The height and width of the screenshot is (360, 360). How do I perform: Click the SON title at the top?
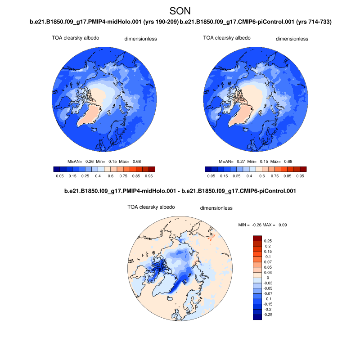tap(180, 10)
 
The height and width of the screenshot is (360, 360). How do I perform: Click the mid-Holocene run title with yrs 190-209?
tap(104, 22)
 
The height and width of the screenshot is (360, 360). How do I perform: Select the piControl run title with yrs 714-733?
tap(256, 22)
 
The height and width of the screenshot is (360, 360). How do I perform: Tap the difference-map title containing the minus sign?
tap(180, 191)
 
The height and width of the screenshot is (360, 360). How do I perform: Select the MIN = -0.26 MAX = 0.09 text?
tap(262, 225)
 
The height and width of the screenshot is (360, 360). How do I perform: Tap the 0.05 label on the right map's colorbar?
tap(210, 176)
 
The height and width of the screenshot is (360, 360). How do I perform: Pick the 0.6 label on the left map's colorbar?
tap(111, 176)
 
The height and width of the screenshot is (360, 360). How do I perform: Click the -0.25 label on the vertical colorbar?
tap(269, 315)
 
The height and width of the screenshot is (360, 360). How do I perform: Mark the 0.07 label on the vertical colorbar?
tap(268, 262)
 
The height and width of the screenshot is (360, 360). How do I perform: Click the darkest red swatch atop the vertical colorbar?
tap(257, 238)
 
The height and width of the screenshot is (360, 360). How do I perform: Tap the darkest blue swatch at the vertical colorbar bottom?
tap(257, 317)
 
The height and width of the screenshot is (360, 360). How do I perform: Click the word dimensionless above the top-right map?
tap(292, 39)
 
